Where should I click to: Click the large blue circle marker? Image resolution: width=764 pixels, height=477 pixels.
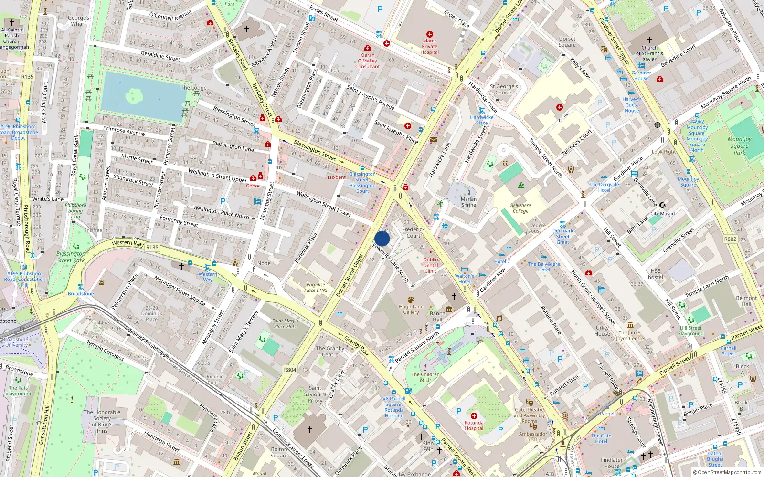point(382,238)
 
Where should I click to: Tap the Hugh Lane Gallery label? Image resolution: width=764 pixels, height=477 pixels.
point(411,310)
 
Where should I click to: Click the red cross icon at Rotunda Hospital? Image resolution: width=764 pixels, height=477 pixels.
point(474,416)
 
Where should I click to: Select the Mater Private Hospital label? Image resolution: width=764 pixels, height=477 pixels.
point(429,46)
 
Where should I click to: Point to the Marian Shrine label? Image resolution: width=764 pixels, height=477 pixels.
point(468,202)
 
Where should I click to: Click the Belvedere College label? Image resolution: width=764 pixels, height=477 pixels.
point(520,208)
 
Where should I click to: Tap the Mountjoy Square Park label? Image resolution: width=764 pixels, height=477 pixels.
point(739,145)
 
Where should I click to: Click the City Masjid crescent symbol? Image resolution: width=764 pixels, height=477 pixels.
point(662,205)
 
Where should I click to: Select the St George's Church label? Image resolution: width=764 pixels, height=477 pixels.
point(504,90)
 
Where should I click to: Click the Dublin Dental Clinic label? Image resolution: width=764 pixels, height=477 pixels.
point(430,265)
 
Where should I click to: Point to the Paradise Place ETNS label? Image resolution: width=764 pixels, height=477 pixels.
point(316,287)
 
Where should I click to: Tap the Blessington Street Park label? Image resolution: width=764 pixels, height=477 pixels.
point(71,257)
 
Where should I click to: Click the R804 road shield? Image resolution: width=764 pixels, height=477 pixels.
point(290,370)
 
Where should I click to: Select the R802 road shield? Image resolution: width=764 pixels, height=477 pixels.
point(730,239)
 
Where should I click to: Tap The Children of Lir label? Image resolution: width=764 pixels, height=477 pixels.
point(425,377)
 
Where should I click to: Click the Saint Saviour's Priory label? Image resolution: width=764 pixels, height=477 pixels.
point(315,394)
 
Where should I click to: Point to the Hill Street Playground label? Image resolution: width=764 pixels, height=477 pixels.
point(690,331)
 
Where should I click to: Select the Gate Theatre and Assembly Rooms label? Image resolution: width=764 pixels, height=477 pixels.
point(529,415)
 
